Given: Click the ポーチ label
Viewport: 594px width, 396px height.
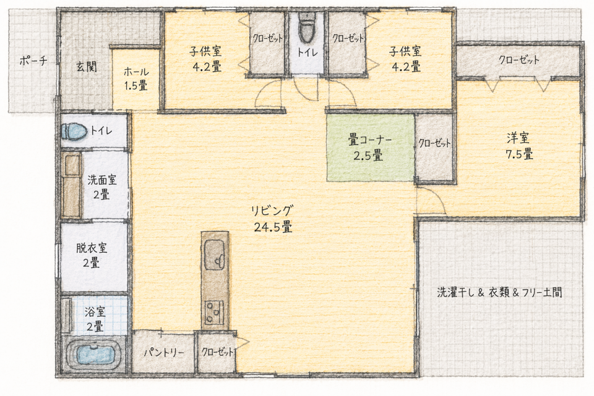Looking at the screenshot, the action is tap(33, 61).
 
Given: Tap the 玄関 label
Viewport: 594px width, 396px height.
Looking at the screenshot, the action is tap(87, 67).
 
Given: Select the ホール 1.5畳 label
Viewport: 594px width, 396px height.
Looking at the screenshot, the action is tap(136, 78).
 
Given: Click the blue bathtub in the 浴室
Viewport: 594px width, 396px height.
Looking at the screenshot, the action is tap(95, 355).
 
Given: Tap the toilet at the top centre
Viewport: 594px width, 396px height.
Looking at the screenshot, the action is tap(305, 28).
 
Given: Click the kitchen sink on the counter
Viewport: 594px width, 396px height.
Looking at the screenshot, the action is tap(215, 255).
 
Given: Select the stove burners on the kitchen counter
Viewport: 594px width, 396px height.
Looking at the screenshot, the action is tap(215, 313).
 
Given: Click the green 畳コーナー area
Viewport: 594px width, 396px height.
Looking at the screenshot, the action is tap(371, 147).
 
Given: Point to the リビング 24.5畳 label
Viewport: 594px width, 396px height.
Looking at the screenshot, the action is tap(273, 219).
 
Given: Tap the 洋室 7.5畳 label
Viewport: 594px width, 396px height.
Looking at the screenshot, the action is tap(519, 146).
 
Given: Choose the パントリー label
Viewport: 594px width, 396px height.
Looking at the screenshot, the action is tap(163, 353).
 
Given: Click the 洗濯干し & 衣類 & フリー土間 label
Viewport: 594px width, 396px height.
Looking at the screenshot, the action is tap(500, 292).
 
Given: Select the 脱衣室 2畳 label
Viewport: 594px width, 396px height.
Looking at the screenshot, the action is tap(92, 255).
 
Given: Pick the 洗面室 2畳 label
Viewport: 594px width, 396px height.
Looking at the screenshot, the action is tap(102, 187).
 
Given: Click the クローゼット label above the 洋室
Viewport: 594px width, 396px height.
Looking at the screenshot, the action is tap(519, 60).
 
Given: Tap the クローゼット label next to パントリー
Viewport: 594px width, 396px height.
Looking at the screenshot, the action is tap(217, 352).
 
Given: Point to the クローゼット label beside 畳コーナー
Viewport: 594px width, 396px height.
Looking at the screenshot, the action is tap(434, 143).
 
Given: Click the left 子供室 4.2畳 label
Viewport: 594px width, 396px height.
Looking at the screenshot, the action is tap(206, 59).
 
